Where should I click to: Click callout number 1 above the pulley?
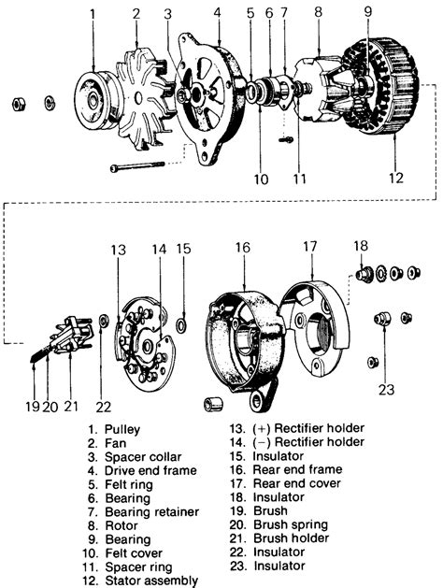93,13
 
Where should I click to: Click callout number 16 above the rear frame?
243,248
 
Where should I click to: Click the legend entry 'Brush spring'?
291,525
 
